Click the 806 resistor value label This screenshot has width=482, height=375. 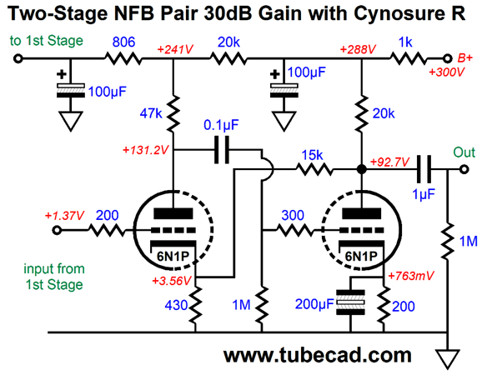point(123,42)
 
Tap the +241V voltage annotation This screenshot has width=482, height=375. point(175,49)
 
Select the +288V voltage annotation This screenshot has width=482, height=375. point(358,49)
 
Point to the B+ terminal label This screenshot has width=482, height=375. point(464,57)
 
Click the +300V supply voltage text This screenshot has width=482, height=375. point(447,72)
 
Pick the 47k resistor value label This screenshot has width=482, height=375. point(151,113)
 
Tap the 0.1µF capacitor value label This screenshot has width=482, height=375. point(221,125)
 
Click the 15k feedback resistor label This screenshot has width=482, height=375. point(313,155)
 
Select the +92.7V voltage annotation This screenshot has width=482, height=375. point(389,162)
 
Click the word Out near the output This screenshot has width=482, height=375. point(464,152)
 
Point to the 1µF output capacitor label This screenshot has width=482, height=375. point(424,194)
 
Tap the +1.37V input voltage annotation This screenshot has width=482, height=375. point(64,216)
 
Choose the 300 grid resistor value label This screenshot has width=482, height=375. point(293,215)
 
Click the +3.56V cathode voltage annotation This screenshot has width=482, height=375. point(172,281)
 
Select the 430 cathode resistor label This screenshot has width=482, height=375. point(176,305)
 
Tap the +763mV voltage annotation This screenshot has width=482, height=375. point(411,276)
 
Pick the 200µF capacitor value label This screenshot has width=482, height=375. point(314,304)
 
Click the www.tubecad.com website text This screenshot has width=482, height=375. point(317,355)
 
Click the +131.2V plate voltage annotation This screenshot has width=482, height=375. point(146,150)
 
